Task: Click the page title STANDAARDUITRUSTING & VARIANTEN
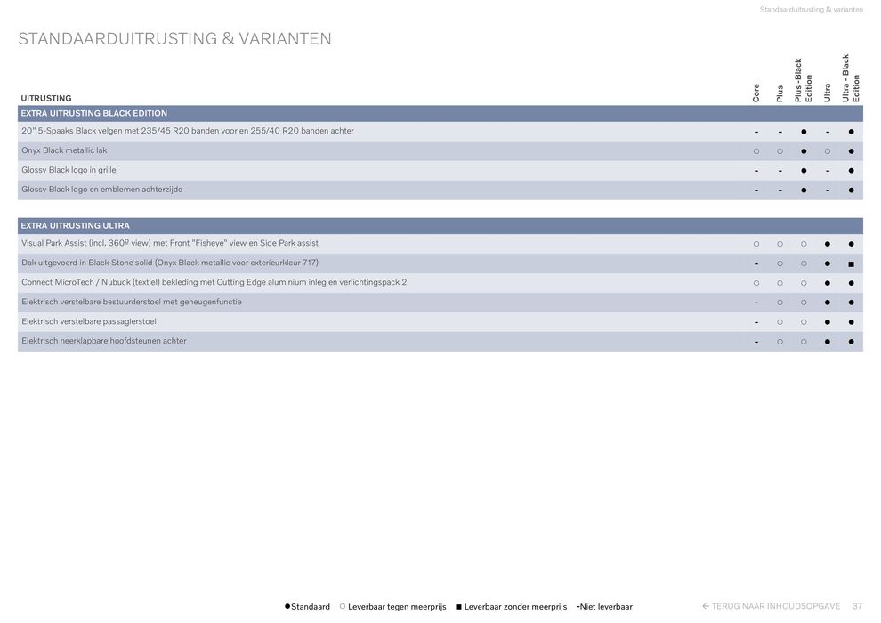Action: (174, 39)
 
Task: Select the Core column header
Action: (756, 93)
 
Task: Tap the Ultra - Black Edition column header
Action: (851, 78)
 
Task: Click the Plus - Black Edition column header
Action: (804, 80)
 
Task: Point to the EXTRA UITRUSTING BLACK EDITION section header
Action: (94, 114)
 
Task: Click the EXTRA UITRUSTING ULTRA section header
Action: (76, 226)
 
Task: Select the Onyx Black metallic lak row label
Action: (64, 150)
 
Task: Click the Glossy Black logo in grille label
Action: (69, 170)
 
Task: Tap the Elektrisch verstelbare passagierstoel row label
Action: (89, 321)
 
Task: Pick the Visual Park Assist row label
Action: (170, 243)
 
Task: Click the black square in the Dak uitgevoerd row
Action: (851, 263)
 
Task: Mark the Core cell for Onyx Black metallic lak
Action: (756, 151)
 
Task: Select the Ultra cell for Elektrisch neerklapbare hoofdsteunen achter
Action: (828, 342)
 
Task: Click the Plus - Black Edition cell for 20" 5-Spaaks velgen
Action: (804, 132)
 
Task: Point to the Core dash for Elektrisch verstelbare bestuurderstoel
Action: (756, 303)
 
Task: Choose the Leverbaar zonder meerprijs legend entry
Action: (513, 607)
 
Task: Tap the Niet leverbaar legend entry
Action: (605, 607)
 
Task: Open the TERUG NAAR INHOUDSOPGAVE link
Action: (772, 606)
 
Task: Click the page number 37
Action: (857, 606)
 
